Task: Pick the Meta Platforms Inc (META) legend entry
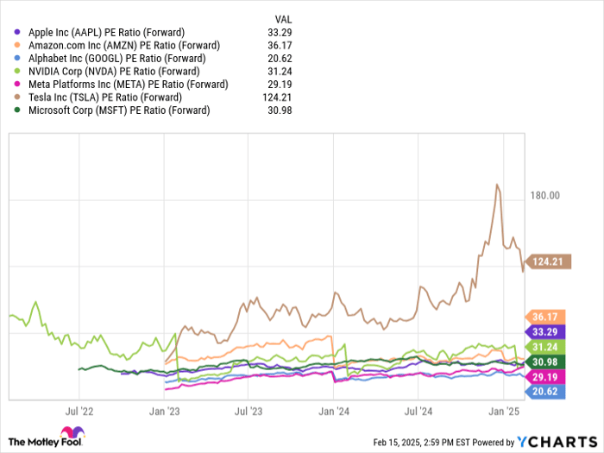point(128,84)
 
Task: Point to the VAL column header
point(283,17)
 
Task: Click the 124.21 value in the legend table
point(280,98)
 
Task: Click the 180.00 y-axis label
point(545,196)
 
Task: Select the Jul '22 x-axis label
point(79,412)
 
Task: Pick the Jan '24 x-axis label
point(334,412)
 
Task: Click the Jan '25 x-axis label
point(504,412)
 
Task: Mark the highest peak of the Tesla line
point(497,185)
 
